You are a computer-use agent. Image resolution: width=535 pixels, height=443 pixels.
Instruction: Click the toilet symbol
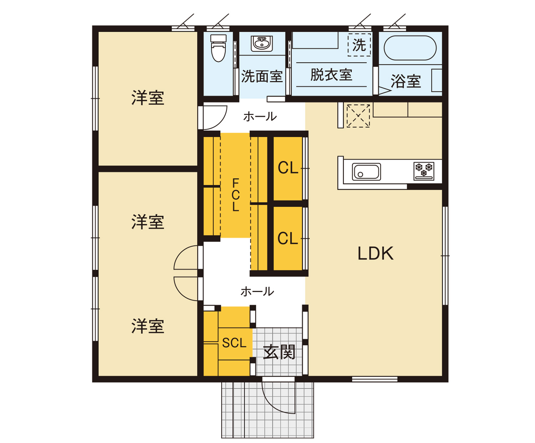218,48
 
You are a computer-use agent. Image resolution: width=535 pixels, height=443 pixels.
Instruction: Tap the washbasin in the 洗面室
261,44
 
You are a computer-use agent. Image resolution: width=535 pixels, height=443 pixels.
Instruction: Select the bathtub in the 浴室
410,48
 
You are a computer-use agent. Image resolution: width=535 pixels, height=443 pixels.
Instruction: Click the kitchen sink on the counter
366,172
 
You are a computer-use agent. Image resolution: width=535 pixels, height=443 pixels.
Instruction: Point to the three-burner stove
424,171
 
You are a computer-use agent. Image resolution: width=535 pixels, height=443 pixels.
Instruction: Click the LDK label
375,254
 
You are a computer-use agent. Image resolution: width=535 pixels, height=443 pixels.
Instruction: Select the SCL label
234,343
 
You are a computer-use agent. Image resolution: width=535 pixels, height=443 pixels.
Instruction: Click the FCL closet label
235,195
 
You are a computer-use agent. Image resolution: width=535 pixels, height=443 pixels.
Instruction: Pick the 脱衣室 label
331,75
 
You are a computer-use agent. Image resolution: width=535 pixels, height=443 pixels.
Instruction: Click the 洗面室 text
262,76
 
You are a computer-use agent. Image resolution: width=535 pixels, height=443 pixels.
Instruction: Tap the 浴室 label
406,81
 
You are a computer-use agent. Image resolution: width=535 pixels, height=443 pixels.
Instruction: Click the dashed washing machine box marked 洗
359,45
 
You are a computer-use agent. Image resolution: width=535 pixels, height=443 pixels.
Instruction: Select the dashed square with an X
358,116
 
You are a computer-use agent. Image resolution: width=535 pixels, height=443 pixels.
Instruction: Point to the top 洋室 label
148,98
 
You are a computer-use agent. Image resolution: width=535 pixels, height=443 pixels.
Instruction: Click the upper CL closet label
288,168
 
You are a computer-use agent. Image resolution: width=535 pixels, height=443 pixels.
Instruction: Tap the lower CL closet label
288,238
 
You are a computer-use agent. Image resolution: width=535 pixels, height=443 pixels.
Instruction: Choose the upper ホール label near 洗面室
260,117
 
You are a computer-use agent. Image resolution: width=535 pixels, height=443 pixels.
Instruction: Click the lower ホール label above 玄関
257,292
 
